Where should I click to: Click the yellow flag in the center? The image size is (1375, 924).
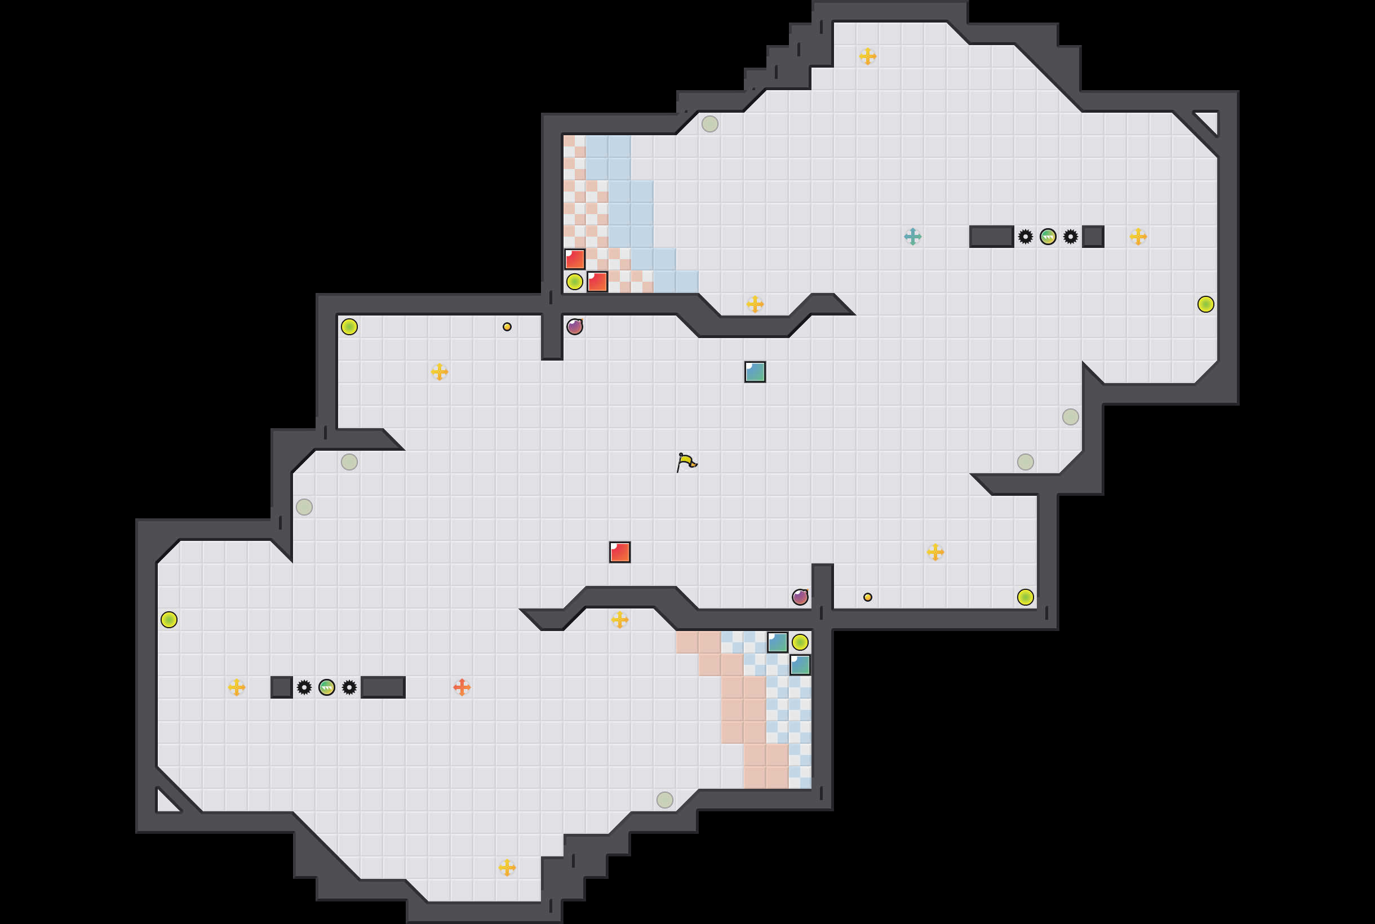[686, 462]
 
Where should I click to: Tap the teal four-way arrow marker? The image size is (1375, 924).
[912, 236]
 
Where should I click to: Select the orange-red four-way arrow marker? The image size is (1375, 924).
[462, 687]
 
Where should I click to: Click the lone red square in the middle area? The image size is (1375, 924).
[619, 552]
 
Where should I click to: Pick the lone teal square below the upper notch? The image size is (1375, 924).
[755, 372]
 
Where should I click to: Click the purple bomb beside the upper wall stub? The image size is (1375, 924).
[575, 326]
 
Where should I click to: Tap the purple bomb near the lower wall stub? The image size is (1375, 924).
[800, 597]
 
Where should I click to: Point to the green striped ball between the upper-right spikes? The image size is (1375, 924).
[1048, 236]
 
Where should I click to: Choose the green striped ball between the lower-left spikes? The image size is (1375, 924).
[326, 687]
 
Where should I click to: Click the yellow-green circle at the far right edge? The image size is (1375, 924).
[1206, 304]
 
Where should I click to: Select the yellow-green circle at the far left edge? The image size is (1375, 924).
[169, 619]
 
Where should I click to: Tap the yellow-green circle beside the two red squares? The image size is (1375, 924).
[575, 282]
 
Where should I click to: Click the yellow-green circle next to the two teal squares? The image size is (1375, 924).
[800, 642]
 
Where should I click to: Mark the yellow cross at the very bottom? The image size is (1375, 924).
[507, 868]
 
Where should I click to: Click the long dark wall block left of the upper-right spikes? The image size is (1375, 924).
[991, 236]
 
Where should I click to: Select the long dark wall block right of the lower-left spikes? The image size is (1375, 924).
[383, 687]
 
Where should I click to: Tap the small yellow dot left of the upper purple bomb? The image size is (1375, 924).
[507, 326]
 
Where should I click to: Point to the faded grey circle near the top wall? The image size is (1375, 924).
[709, 124]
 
